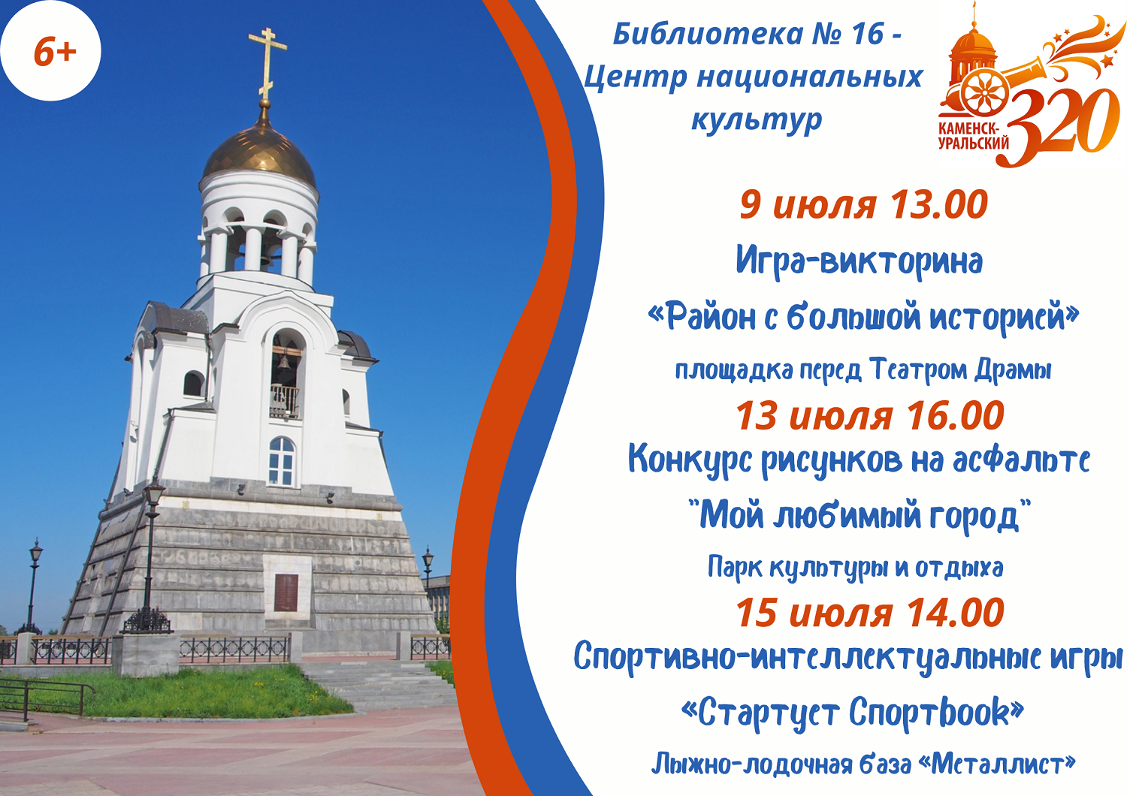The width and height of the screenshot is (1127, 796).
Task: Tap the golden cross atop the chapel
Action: (267, 65)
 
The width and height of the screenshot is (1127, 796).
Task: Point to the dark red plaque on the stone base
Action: (286, 592)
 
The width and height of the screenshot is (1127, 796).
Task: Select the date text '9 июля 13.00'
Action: (863, 205)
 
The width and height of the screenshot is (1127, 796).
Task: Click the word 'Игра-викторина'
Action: (860, 261)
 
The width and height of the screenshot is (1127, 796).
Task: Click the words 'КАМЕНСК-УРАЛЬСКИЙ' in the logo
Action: (973, 136)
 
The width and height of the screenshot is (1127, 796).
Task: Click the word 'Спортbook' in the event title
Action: (929, 712)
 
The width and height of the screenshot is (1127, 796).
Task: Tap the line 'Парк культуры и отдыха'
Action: (855, 568)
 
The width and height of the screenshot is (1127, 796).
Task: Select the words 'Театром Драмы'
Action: (960, 370)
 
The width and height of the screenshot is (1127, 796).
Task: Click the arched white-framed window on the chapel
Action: (282, 462)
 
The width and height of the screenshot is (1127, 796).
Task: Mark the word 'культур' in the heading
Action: (757, 121)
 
